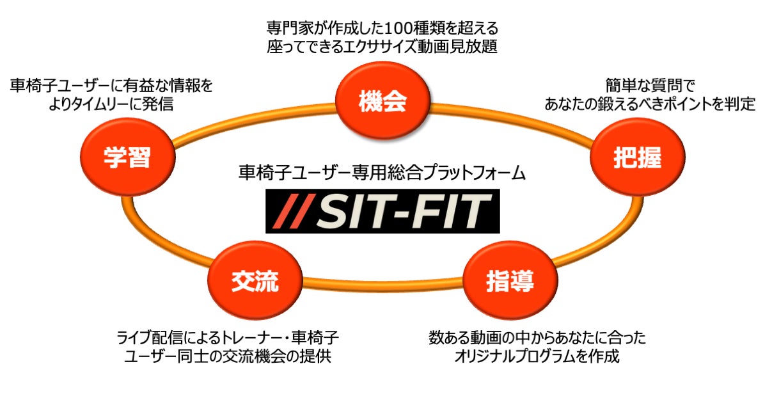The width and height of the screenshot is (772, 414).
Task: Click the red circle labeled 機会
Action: (x=382, y=103)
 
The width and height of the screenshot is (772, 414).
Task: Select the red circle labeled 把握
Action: (x=636, y=159)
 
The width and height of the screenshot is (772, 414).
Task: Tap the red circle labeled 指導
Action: (x=509, y=282)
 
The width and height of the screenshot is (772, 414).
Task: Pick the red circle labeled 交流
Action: (x=255, y=282)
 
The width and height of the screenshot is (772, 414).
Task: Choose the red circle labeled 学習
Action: (x=128, y=159)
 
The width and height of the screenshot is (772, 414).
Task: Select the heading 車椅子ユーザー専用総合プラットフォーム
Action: (x=382, y=173)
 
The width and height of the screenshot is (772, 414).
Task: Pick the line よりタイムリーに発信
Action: (x=110, y=104)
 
